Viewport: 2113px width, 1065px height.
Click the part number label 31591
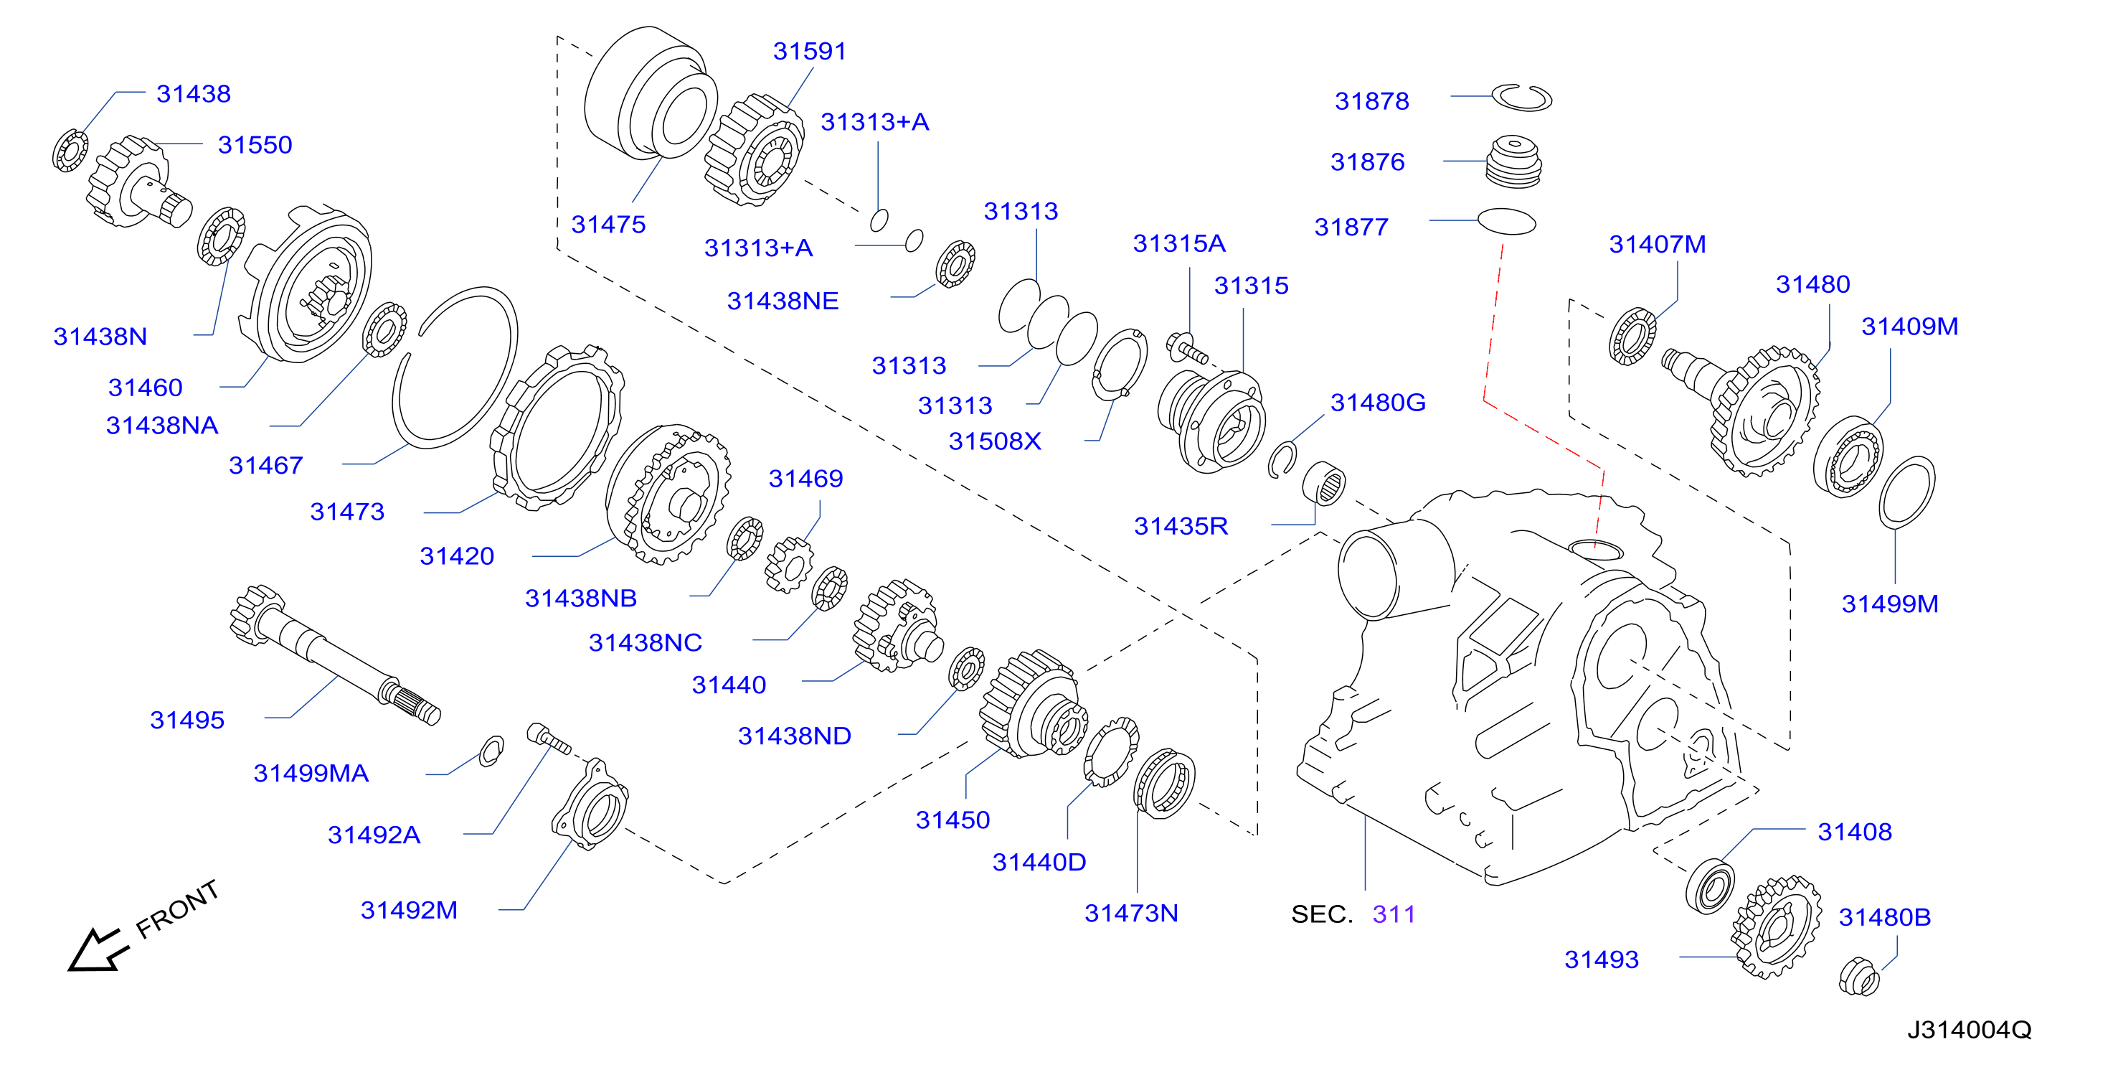click(x=809, y=51)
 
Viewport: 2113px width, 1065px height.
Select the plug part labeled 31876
click(x=1513, y=161)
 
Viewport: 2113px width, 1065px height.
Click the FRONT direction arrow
click(x=98, y=950)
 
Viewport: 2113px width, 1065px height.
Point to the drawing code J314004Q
click(x=1969, y=1030)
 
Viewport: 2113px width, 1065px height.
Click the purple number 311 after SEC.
click(x=1394, y=914)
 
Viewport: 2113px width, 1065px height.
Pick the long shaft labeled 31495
click(x=335, y=655)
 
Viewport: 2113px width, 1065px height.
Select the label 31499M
click(x=1890, y=604)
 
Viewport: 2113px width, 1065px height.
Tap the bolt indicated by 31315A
click(x=1186, y=347)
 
